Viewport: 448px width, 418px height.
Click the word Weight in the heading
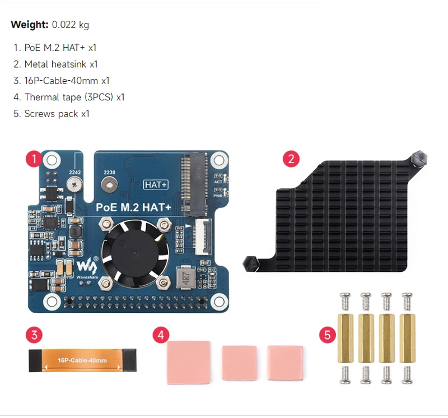[x=30, y=25]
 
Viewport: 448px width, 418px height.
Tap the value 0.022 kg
[x=70, y=25]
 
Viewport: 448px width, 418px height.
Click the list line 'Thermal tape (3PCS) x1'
[x=68, y=97]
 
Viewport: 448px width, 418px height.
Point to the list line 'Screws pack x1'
[x=51, y=114]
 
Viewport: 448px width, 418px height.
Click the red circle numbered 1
[x=34, y=159]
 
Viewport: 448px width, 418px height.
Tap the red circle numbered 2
[x=290, y=159]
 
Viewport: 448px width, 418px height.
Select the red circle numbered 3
[x=34, y=336]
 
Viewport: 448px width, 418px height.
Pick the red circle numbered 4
[x=161, y=336]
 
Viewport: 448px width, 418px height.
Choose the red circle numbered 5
[x=328, y=336]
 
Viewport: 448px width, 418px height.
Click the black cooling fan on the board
[x=134, y=251]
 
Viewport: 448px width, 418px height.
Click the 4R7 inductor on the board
[x=184, y=276]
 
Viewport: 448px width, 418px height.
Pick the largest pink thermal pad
[x=189, y=363]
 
